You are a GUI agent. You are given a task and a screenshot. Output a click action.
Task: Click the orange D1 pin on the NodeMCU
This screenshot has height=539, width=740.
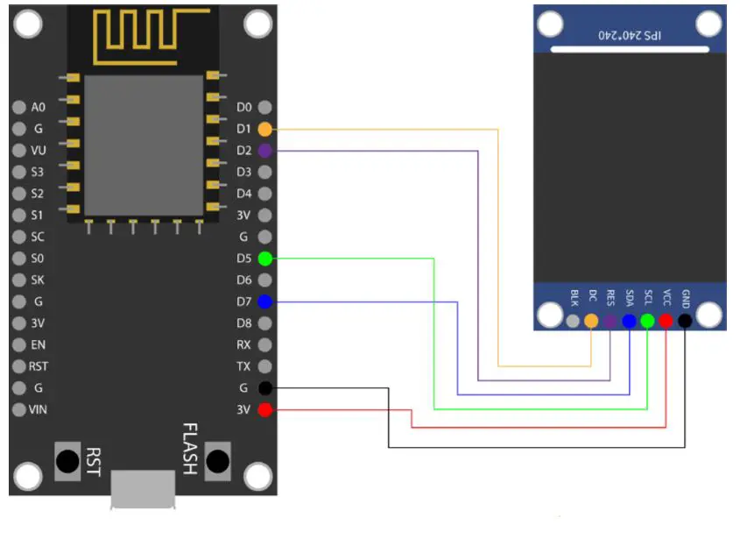265,129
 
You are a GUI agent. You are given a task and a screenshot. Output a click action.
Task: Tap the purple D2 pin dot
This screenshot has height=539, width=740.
265,151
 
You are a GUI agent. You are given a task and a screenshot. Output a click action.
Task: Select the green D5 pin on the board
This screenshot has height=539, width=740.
265,259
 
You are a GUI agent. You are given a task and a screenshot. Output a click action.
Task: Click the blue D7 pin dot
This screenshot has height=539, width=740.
265,302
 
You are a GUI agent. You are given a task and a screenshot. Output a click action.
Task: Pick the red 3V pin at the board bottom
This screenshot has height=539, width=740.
265,410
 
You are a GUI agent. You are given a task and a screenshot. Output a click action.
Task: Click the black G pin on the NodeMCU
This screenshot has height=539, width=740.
265,388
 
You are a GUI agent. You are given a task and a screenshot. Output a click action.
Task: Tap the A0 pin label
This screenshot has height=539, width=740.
38,108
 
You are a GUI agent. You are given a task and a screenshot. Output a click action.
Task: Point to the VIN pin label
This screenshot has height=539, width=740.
38,409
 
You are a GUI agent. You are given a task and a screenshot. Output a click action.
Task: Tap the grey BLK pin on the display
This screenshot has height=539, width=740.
573,321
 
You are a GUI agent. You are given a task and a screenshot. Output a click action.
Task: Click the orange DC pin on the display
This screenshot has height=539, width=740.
591,321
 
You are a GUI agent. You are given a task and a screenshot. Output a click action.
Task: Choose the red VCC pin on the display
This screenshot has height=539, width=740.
666,321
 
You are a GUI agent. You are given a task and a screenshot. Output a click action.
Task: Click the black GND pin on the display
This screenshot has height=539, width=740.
685,321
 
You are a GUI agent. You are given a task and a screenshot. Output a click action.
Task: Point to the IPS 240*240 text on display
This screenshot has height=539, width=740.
630,35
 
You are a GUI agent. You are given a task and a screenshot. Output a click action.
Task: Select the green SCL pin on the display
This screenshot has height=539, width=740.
647,321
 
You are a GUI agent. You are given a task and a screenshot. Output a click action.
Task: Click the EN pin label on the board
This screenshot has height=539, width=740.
38,345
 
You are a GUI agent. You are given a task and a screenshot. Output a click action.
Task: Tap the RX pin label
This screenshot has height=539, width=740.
244,345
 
